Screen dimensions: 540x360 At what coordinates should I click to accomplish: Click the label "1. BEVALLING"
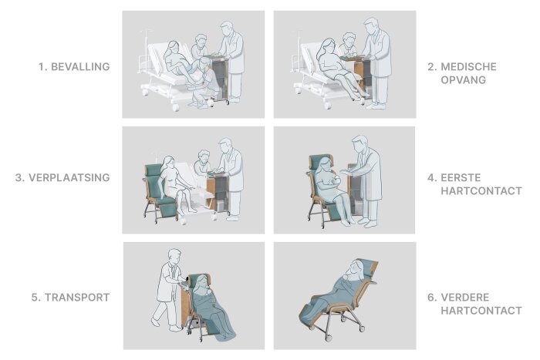74,66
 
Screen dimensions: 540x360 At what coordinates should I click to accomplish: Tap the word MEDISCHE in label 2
469,66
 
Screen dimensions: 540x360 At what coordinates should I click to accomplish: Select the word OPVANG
463,80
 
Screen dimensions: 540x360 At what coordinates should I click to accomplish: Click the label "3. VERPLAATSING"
62,177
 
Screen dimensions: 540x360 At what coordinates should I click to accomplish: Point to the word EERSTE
461,177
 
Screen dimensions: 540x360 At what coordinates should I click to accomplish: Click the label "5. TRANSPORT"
71,298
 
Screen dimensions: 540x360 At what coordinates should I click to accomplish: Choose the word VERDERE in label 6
465,298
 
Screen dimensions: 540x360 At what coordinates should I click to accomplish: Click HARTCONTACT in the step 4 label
481,190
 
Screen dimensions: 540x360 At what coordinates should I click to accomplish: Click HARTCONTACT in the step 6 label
481,311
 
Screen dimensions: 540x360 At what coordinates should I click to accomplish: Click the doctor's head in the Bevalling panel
227,29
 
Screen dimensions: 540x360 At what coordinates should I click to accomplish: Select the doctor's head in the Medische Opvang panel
371,25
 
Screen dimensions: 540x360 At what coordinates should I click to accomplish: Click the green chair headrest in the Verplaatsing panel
153,170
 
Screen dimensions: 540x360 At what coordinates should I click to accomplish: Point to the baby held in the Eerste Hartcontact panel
333,181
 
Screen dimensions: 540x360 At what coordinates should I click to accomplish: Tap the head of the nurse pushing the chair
174,257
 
